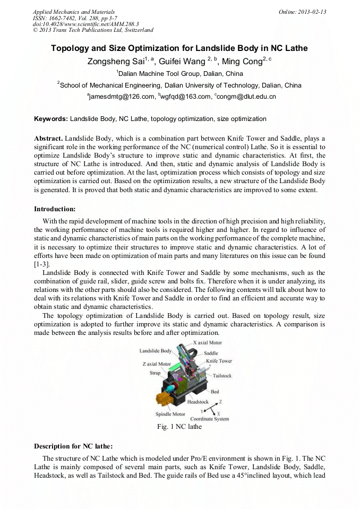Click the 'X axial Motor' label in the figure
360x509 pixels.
pyautogui.click(x=207, y=343)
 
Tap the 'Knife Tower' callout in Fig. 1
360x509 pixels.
pyautogui.click(x=219, y=361)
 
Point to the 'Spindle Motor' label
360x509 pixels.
pyautogui.click(x=170, y=414)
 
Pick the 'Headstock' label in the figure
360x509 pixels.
pyautogui.click(x=198, y=402)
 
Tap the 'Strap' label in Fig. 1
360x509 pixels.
pyautogui.click(x=155, y=373)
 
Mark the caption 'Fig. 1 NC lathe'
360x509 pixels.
pyautogui.click(x=179, y=427)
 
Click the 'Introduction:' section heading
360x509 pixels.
pyautogui.click(x=55, y=209)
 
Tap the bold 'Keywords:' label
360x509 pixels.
pyautogui.click(x=50, y=119)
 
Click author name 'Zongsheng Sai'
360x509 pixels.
pyautogui.click(x=112, y=62)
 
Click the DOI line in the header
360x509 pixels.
pyautogui.click(x=85, y=24)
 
